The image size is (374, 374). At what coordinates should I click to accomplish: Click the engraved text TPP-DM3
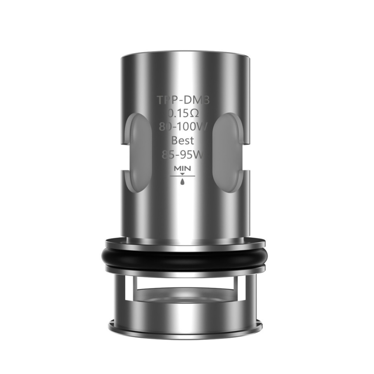coord(183,100)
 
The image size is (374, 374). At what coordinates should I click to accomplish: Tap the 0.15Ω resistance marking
coord(183,114)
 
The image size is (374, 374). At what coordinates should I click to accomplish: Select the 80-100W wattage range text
coord(183,127)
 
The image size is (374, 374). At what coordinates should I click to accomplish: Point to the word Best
coord(183,140)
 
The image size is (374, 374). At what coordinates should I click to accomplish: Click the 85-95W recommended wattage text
coord(183,155)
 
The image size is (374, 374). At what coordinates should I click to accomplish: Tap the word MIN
coord(183,169)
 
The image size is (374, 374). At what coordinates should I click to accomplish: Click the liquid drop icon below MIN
coord(183,181)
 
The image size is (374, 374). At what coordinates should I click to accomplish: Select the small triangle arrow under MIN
coord(183,174)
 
